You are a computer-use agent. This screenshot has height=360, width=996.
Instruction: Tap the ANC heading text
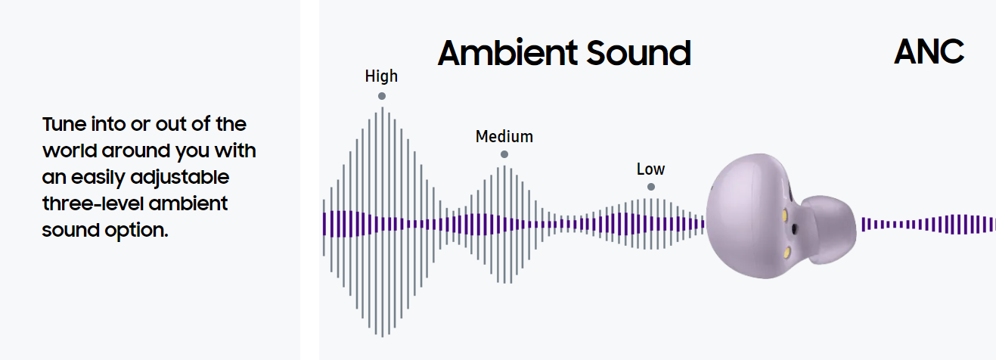pyautogui.click(x=929, y=51)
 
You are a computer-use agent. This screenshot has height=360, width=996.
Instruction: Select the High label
pyautogui.click(x=381, y=76)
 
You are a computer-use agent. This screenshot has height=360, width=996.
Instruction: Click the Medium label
pyautogui.click(x=504, y=136)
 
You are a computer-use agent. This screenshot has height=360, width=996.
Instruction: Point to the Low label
pyautogui.click(x=650, y=169)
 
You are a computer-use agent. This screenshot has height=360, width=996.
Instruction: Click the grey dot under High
pyautogui.click(x=381, y=96)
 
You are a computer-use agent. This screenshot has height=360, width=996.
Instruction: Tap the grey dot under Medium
pyautogui.click(x=504, y=154)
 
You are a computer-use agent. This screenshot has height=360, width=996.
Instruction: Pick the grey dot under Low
pyautogui.click(x=651, y=187)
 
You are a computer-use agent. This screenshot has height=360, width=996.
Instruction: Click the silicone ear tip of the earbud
pyautogui.click(x=830, y=229)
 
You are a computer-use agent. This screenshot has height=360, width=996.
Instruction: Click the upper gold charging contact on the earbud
pyautogui.click(x=784, y=216)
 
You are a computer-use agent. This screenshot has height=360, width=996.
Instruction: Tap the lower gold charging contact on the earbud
pyautogui.click(x=787, y=253)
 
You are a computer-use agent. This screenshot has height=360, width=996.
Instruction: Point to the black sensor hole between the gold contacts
pyautogui.click(x=794, y=229)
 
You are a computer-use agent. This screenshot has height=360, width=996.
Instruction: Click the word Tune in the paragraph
pyautogui.click(x=64, y=124)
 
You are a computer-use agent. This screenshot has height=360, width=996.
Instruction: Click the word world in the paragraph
pyautogui.click(x=70, y=151)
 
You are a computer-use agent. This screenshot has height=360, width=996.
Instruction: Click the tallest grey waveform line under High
pyautogui.click(x=382, y=222)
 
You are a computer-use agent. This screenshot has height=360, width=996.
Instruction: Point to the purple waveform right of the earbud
pyautogui.click(x=929, y=224)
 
